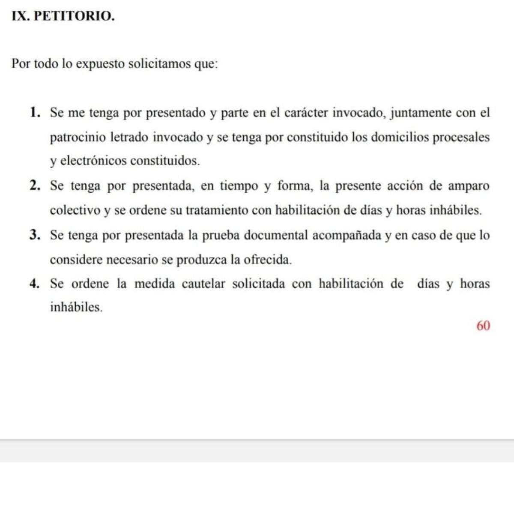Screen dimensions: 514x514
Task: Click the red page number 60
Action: tap(483, 326)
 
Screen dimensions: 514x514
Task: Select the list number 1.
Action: tap(35, 113)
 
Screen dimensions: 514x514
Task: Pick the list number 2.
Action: tap(35, 186)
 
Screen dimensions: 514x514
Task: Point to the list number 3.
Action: tap(35, 235)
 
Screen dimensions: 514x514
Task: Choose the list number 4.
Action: tap(35, 284)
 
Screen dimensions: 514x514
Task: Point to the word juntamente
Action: tap(415, 114)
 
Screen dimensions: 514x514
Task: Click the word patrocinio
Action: tap(78, 137)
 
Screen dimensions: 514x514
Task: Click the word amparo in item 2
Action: tap(469, 186)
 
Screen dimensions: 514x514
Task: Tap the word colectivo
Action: tap(75, 210)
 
